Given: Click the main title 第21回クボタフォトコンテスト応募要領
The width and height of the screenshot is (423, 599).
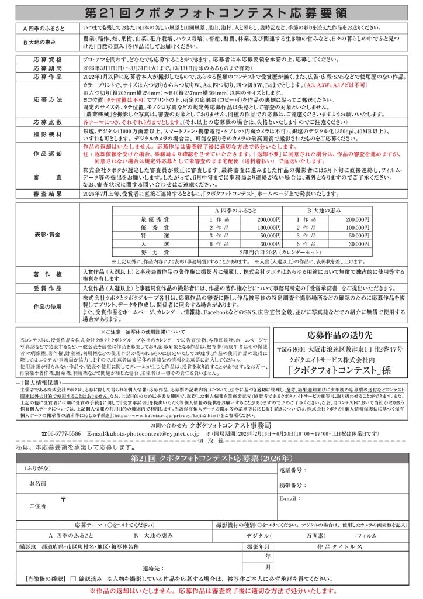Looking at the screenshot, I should click(211, 12).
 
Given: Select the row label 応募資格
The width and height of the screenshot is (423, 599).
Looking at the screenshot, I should click(48, 60).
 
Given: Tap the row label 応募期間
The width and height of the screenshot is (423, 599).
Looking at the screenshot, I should click(48, 68).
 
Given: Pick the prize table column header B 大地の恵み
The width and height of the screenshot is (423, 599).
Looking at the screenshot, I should click(324, 209).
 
